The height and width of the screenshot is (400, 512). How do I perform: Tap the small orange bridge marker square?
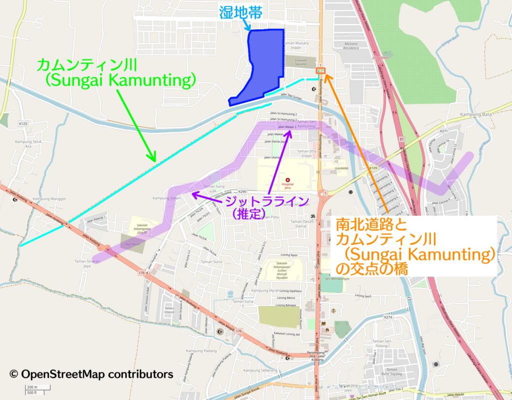click(x=321, y=71)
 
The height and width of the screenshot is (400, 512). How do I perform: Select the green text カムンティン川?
click(x=87, y=64)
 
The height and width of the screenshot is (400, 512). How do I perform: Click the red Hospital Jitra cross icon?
click(x=287, y=180)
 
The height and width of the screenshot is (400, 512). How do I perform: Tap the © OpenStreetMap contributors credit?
click(x=91, y=374)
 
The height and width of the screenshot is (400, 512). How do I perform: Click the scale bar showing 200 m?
click(x=32, y=388)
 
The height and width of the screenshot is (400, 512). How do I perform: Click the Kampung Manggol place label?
click(x=49, y=199)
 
